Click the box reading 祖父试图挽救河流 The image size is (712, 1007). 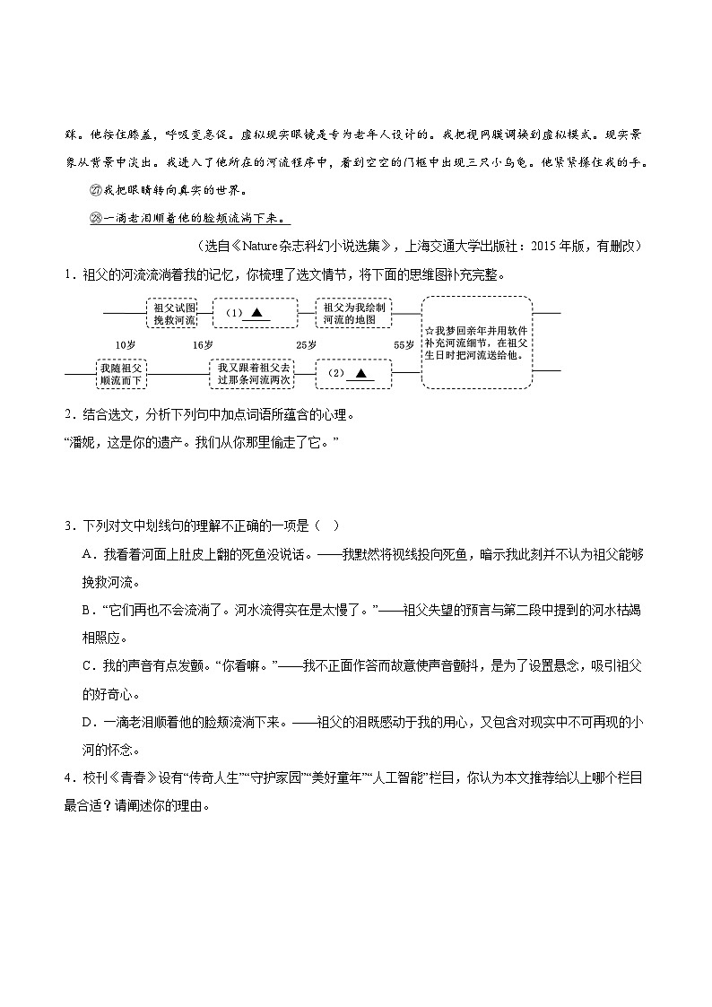(x=170, y=313)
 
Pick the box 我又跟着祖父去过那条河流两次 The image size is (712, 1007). (x=255, y=374)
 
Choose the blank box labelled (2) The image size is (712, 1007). (x=354, y=373)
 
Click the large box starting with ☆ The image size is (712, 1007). (x=476, y=343)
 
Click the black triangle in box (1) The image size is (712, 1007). (x=256, y=312)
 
